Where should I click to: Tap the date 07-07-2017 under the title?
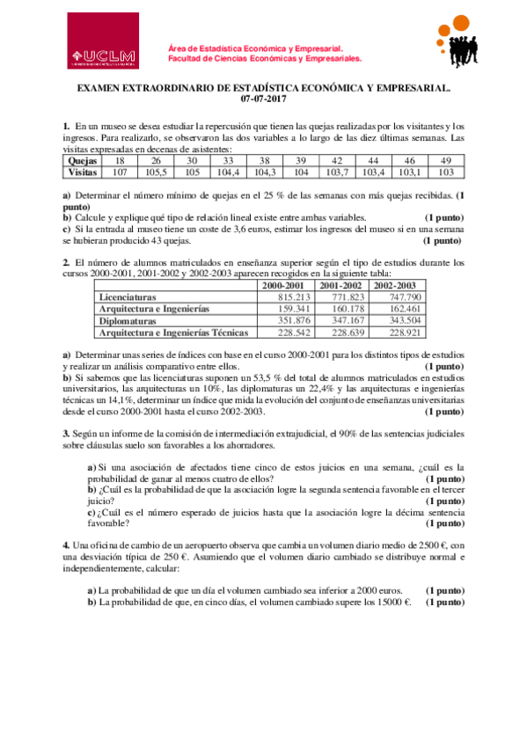click(x=263, y=99)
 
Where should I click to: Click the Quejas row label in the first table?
click(x=82, y=161)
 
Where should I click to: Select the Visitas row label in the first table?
click(x=82, y=172)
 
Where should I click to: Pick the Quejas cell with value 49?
click(x=446, y=161)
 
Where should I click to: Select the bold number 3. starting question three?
click(x=66, y=433)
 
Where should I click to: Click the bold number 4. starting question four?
click(x=66, y=545)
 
